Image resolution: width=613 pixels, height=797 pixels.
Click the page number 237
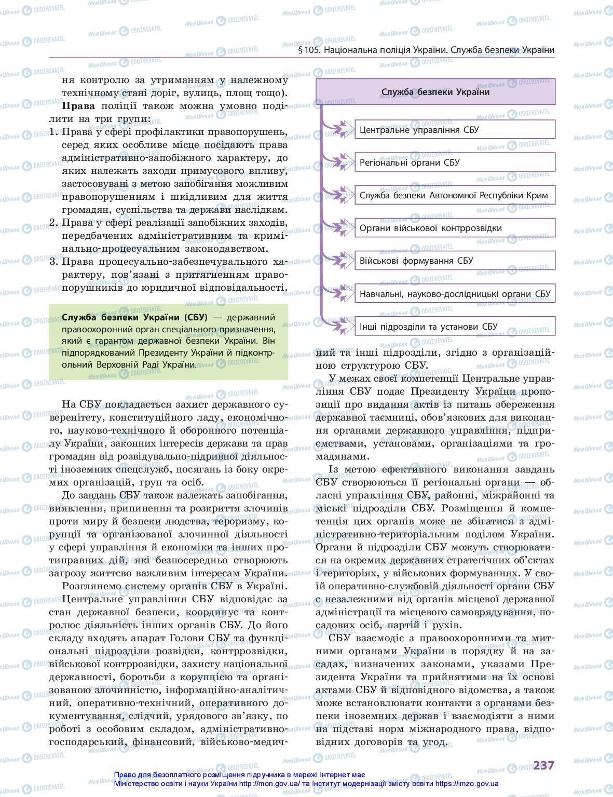pos(543,765)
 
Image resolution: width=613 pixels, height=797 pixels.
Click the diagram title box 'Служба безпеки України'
pos(435,92)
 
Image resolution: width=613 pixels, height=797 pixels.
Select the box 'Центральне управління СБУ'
pos(455,130)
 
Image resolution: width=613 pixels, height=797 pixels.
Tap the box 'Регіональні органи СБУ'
pos(455,163)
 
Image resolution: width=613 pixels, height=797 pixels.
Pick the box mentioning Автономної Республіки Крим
pos(455,196)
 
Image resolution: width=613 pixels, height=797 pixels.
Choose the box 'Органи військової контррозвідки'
pos(455,228)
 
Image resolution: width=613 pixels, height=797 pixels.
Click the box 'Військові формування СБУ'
pos(455,261)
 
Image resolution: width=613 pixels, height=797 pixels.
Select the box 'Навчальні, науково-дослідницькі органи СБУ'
pos(455,294)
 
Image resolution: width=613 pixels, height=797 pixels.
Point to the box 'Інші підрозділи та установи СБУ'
pos(455,327)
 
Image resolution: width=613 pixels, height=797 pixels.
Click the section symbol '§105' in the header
pos(310,50)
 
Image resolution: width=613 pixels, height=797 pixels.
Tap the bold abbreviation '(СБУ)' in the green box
pos(195,317)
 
